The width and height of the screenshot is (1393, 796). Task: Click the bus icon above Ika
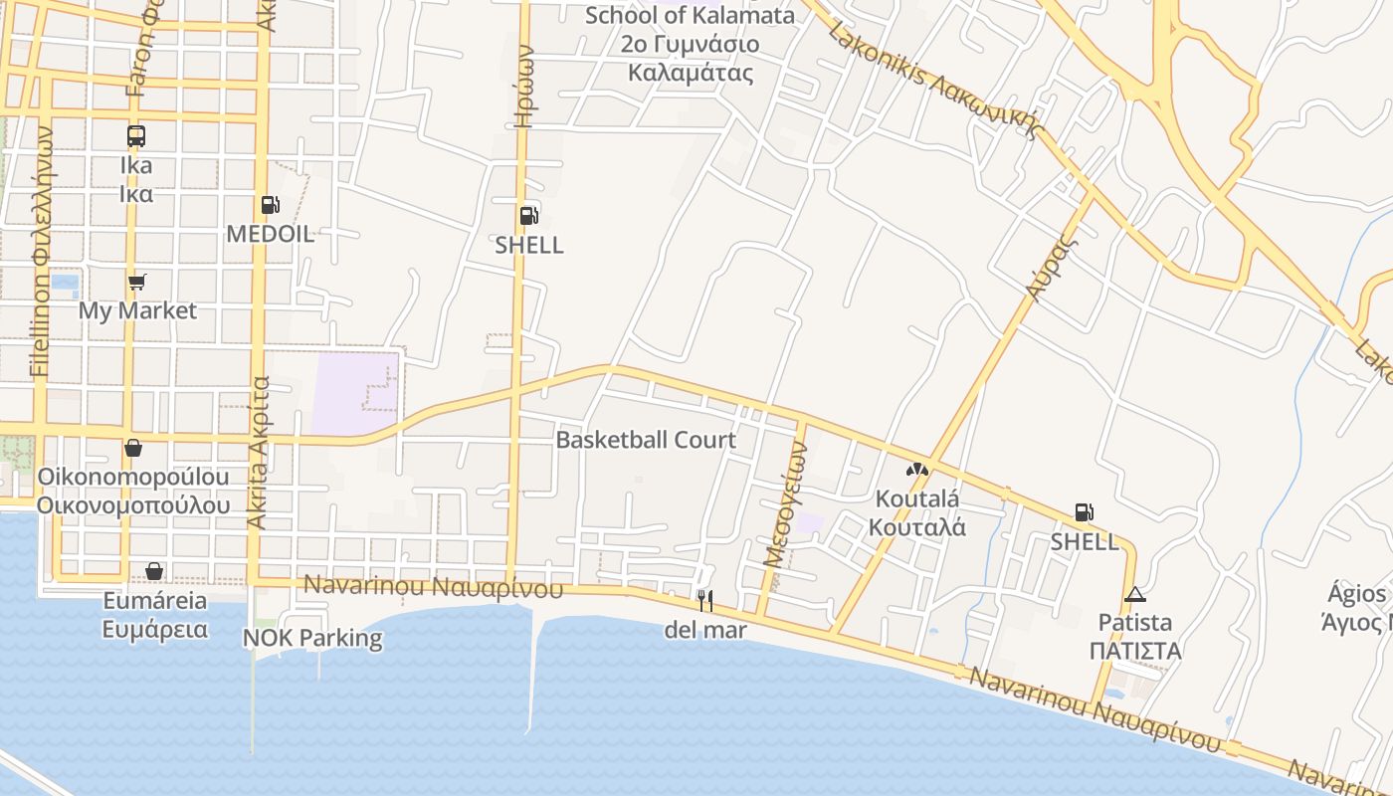(136, 136)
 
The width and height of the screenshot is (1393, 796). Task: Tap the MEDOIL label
(270, 235)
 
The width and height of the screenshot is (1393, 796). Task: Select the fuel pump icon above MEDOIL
(270, 205)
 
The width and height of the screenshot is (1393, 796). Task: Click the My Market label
(137, 310)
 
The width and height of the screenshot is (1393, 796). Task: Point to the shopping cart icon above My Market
(137, 283)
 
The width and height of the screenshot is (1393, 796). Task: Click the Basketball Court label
(646, 440)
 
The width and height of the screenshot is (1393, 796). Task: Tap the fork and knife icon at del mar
(704, 600)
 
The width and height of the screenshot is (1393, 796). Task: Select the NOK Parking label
(312, 638)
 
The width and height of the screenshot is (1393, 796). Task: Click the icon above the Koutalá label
(917, 469)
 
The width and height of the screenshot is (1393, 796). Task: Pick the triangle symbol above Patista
(1134, 595)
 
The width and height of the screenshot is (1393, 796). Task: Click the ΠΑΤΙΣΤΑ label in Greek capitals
(1134, 652)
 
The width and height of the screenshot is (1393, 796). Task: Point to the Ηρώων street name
(525, 90)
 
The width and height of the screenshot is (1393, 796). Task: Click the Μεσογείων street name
(784, 503)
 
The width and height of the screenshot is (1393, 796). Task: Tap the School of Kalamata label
(690, 16)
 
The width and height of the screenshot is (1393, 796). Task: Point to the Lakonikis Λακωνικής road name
(933, 79)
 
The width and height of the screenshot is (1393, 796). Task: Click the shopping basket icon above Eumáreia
(154, 571)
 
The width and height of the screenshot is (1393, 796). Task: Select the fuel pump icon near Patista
(1084, 513)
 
